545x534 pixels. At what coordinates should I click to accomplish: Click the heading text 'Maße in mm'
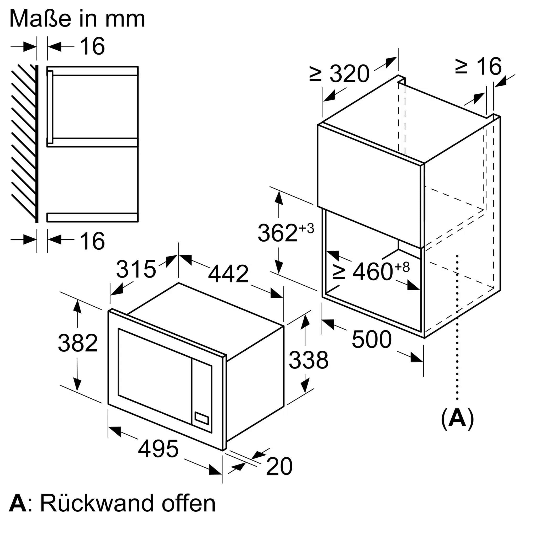point(77,19)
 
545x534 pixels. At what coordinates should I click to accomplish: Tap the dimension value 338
point(308,360)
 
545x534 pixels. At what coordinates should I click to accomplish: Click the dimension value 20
point(279,466)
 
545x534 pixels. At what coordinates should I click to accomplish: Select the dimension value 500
point(372,340)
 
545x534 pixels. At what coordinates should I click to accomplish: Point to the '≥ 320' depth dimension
point(339,73)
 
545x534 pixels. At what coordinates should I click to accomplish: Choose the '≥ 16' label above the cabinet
point(478,66)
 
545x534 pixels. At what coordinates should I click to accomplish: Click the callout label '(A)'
point(457,420)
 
